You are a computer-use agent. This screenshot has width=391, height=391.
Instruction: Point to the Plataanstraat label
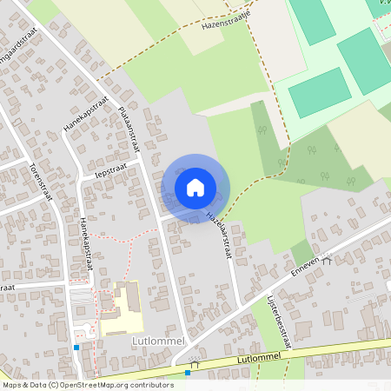128,124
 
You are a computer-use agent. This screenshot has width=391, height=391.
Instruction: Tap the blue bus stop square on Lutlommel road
188,373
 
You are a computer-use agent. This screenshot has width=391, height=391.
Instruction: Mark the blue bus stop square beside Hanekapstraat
76,347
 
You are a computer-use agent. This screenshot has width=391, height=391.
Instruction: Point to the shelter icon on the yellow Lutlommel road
197,365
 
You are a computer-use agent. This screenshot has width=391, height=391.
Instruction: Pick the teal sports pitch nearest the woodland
319,92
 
